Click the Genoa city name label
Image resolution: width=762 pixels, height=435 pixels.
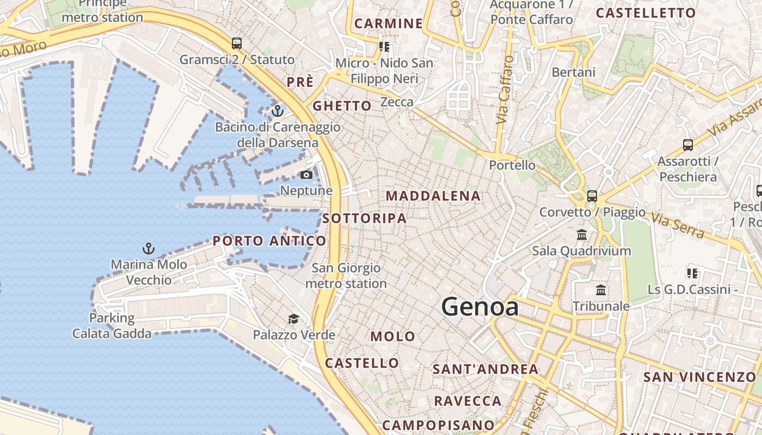coord(480,307)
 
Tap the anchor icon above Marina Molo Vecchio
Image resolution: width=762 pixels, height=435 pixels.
coord(149,248)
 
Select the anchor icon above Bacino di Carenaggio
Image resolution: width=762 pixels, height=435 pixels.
coord(278,111)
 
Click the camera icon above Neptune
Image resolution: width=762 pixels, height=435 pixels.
coord(306,175)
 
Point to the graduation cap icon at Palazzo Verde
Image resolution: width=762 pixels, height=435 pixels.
coord(293,319)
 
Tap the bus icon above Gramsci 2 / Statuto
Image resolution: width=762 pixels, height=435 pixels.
coord(236,43)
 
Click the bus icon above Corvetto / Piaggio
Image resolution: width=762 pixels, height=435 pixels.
coord(592,196)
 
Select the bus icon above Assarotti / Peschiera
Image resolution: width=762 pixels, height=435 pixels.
coord(688,145)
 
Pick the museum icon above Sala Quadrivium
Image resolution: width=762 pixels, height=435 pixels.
coord(582,235)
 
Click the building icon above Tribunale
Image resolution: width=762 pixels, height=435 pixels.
coord(601,290)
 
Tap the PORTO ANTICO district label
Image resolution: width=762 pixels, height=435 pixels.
coord(269,241)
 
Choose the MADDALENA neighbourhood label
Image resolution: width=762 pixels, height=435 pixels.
coord(433,196)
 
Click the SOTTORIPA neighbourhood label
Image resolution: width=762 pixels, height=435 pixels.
coord(364,219)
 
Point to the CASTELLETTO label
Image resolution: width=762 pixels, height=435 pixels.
coord(646,13)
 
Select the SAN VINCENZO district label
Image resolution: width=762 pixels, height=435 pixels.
coord(699,377)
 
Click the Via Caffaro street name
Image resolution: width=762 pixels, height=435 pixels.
coord(505,89)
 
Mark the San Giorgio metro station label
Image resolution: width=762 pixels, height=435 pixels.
coord(346,276)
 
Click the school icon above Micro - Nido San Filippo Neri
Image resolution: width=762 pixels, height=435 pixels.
coord(385,47)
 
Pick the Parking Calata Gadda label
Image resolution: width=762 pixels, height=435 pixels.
coord(112,326)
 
